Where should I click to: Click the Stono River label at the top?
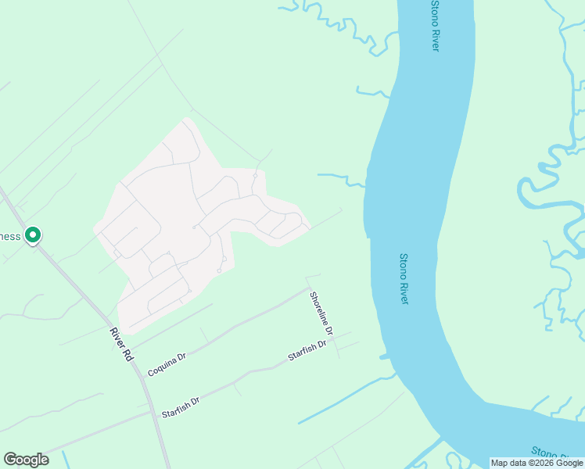click(x=435, y=26)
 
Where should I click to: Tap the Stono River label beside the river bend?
click(x=404, y=278)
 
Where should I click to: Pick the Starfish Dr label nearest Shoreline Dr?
click(x=306, y=351)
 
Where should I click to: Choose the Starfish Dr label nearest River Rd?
click(x=181, y=406)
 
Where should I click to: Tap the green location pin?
click(x=33, y=234)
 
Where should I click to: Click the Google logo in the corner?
click(x=26, y=460)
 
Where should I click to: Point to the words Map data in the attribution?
click(x=508, y=463)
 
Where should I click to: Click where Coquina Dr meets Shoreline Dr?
click(x=309, y=288)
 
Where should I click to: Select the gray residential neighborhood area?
click(x=180, y=227)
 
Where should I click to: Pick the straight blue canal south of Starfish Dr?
click(x=344, y=403)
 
